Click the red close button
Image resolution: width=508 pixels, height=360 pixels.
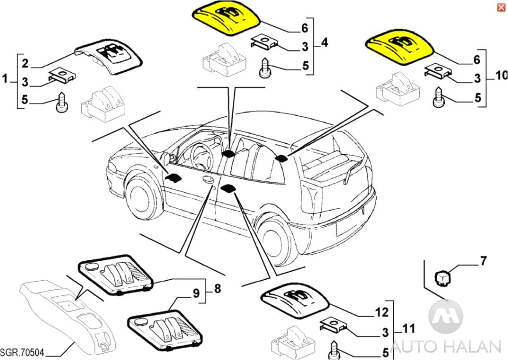click(x=500, y=7)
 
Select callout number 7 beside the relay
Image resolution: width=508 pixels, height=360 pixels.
click(x=483, y=261)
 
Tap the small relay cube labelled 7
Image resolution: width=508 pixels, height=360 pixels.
click(x=442, y=275)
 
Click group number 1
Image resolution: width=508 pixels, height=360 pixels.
click(x=5, y=78)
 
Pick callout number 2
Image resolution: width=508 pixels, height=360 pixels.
click(x=25, y=63)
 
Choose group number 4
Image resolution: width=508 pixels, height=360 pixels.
click(x=324, y=43)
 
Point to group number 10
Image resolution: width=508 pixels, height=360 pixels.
click(x=500, y=75)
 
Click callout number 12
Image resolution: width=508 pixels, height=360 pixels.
click(x=381, y=312)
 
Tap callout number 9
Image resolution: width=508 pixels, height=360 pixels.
click(x=196, y=293)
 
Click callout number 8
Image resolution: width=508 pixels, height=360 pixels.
click(x=217, y=288)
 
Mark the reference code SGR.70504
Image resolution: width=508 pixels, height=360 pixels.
click(x=22, y=352)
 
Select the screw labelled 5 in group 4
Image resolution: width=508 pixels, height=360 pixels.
click(x=264, y=69)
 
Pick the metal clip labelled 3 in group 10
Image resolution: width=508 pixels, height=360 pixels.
click(x=439, y=71)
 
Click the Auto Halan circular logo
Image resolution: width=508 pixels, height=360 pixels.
click(x=446, y=316)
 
